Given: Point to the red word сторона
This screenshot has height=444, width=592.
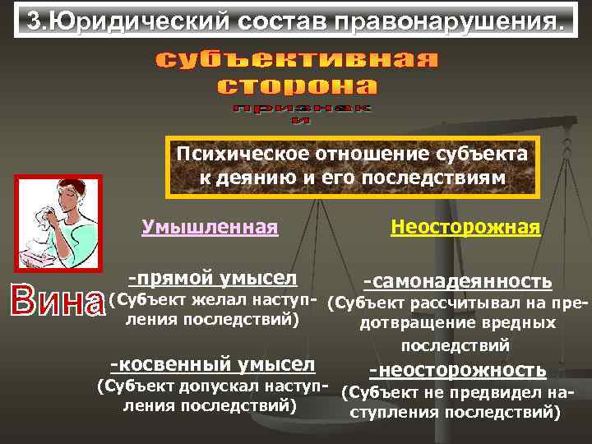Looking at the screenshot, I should point(298,86).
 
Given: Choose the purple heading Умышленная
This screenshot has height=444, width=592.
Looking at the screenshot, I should point(210,225).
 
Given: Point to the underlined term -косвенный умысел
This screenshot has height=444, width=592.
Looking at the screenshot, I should point(212,363).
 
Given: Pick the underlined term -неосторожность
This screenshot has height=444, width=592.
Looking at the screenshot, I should point(458,370).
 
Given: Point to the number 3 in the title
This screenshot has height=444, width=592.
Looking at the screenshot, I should point(33,22).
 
